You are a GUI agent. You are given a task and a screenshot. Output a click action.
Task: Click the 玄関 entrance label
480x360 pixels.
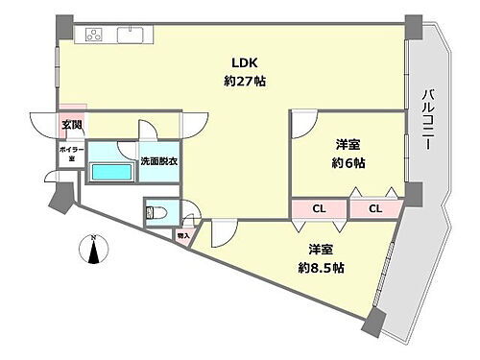(x=72, y=124)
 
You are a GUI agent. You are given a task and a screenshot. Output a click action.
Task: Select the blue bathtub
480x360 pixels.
(x=112, y=173)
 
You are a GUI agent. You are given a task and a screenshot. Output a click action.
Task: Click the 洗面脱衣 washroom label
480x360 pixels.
(x=158, y=162)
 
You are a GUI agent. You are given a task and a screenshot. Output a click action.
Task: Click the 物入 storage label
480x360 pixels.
(x=183, y=233)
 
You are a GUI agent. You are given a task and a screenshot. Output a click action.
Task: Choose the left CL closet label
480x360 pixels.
(x=318, y=208)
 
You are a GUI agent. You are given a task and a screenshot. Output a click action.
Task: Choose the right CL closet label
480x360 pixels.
(x=375, y=208)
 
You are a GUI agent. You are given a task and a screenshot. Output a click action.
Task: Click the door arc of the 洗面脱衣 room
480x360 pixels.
(x=148, y=132)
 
